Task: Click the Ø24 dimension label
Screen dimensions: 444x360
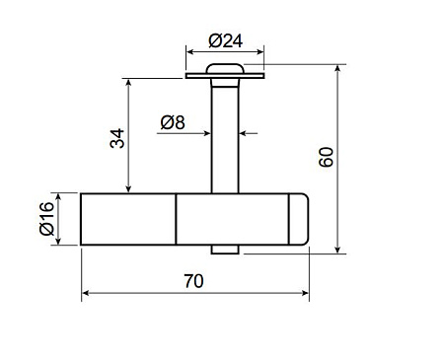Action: pyautogui.click(x=226, y=41)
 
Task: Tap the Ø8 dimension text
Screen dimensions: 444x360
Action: pyautogui.click(x=173, y=122)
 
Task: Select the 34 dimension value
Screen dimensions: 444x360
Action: pyautogui.click(x=117, y=138)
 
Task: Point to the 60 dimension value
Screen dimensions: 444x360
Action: pyautogui.click(x=327, y=157)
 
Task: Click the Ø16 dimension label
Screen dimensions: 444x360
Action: pyautogui.click(x=46, y=219)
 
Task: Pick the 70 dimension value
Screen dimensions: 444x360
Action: pyautogui.click(x=193, y=281)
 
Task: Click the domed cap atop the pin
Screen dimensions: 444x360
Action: pyautogui.click(x=225, y=68)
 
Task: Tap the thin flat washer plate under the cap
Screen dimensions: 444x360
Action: pyautogui.click(x=225, y=76)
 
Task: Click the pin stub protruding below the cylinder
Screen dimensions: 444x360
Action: pyautogui.click(x=225, y=250)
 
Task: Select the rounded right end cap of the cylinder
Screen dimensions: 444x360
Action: pyautogui.click(x=299, y=219)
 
